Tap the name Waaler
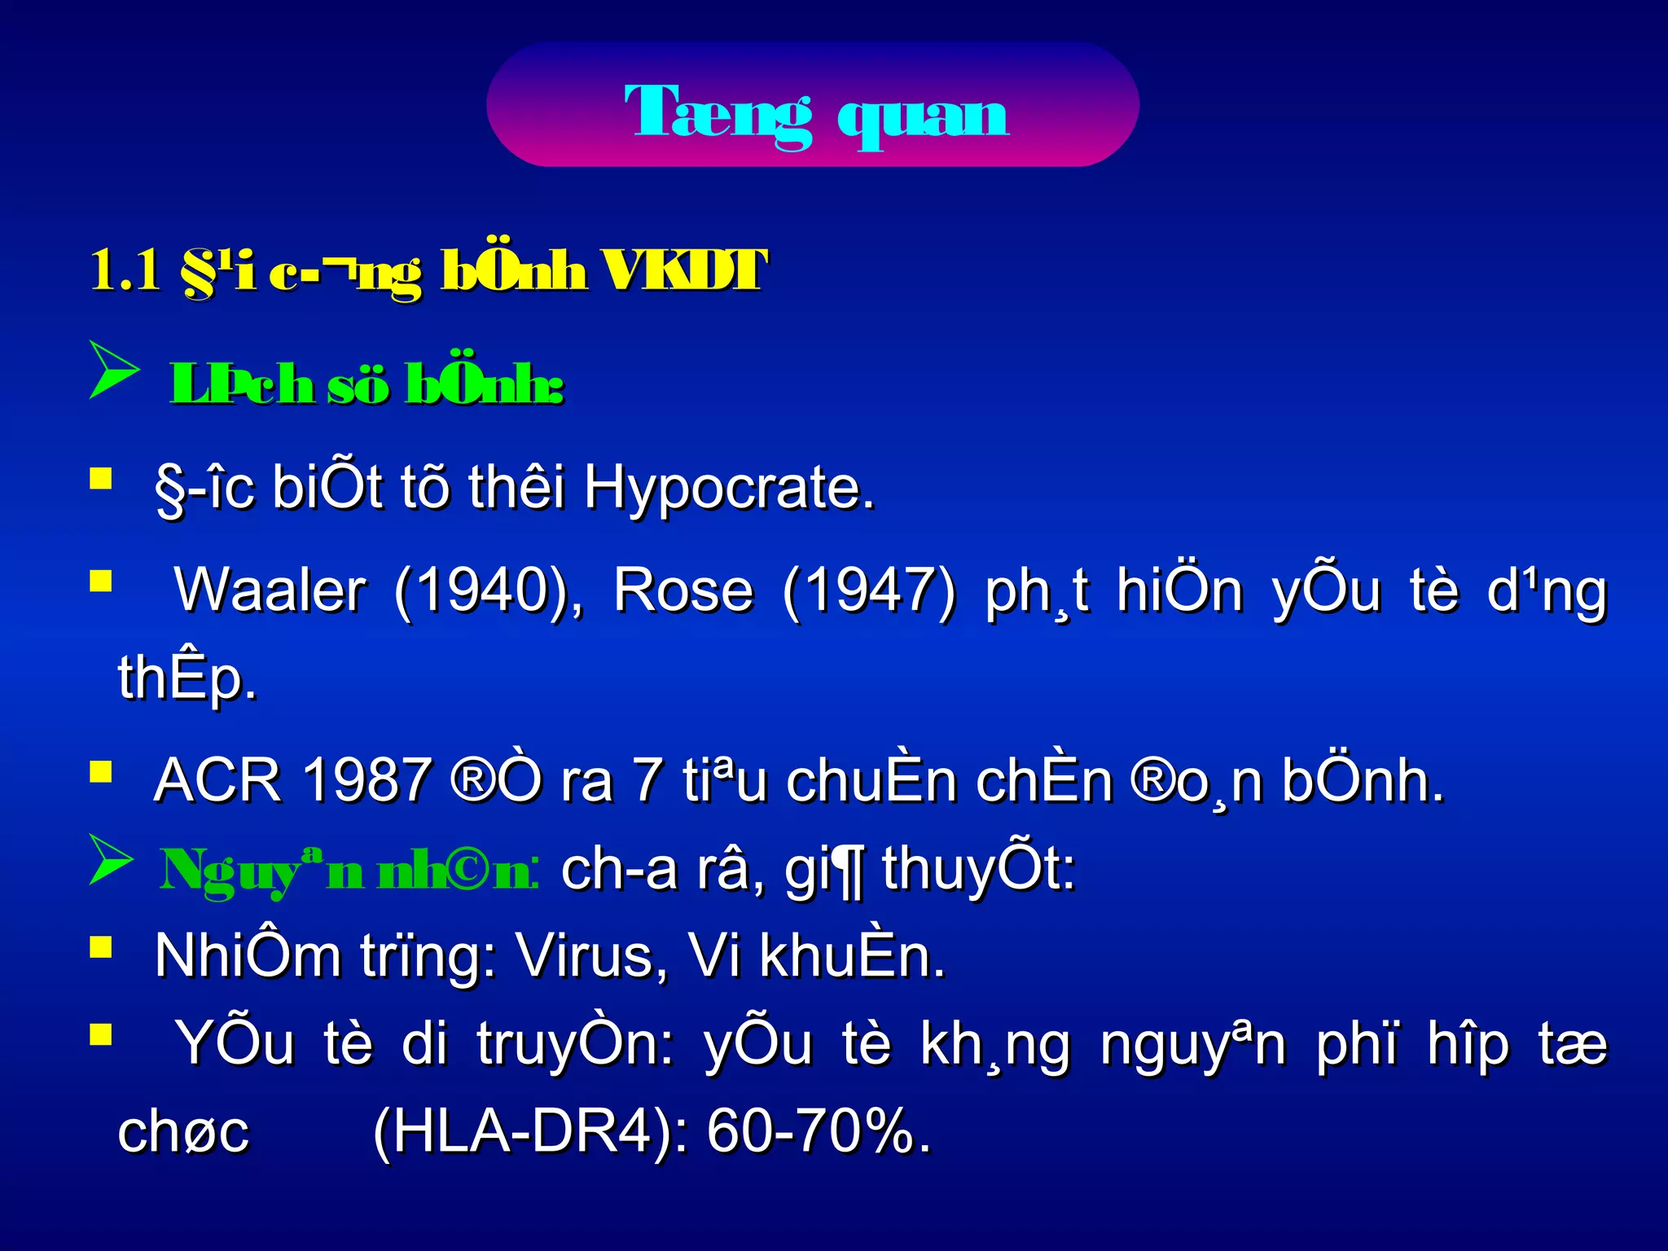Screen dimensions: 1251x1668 pos(270,590)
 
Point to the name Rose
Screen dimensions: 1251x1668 pos(683,590)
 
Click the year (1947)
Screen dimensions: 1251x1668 pos(869,590)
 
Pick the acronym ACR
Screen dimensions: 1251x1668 pos(217,780)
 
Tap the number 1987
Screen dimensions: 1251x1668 pos(366,780)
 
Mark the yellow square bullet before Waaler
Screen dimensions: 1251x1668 pos(101,581)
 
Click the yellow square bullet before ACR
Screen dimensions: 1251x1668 pos(101,771)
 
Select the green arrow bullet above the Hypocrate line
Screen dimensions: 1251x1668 pos(112,371)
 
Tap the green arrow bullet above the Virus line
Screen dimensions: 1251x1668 pos(111,859)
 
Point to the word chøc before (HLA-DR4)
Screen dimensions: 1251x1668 pos(183,1132)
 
